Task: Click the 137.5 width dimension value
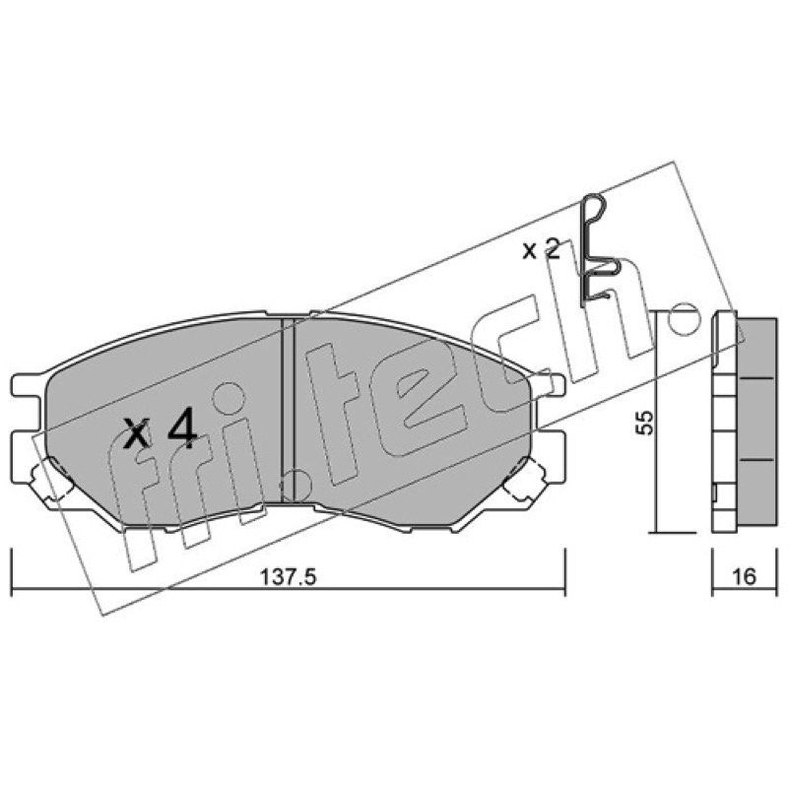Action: (288, 577)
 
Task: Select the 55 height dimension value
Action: (645, 423)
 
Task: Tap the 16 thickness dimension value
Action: (745, 576)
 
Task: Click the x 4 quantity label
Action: (161, 428)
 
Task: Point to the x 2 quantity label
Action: (541, 249)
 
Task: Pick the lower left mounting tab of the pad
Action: (27, 443)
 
